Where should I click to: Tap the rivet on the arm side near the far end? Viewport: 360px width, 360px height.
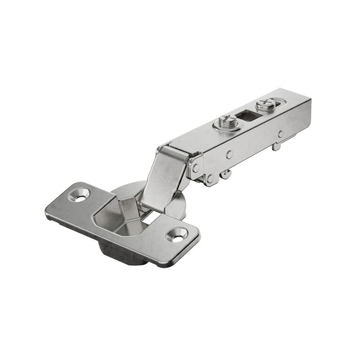click(x=280, y=134)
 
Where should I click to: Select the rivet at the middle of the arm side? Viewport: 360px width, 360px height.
click(x=229, y=154)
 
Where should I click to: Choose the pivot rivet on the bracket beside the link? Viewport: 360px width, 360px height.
click(x=196, y=167)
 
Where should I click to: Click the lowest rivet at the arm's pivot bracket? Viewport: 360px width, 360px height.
click(x=210, y=179)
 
